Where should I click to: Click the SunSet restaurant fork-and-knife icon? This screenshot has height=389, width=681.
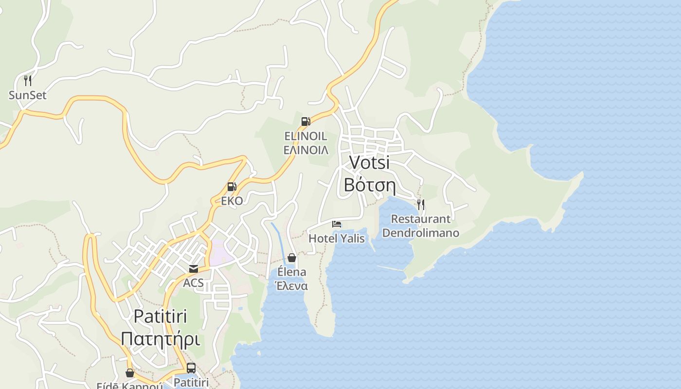point(28,80)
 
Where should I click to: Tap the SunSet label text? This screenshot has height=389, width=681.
point(28,95)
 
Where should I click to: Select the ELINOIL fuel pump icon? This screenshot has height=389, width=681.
point(305,121)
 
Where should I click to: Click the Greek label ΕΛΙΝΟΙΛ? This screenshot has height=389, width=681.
point(306,150)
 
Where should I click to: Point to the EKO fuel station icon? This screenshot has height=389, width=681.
point(232,187)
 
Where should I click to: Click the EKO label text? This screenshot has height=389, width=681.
point(232,201)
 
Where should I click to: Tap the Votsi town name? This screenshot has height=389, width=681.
point(370,162)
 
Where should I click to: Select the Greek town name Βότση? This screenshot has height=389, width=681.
point(370,185)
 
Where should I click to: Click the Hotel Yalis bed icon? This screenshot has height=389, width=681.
point(337,224)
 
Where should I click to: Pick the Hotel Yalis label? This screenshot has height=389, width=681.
point(337,238)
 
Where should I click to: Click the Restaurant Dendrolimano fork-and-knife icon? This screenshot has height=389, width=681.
point(421,204)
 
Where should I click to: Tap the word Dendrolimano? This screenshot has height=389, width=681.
point(421,233)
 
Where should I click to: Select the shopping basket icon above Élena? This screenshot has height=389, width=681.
point(292,258)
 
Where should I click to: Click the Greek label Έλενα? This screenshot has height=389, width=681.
point(291,286)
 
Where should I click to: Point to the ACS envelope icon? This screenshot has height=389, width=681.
point(193,269)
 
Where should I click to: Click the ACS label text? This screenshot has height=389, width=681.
point(193,283)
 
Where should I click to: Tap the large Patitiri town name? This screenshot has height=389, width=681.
point(160,316)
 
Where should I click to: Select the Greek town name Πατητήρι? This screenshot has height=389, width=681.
point(160,338)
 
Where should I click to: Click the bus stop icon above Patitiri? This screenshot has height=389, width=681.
point(191,368)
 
